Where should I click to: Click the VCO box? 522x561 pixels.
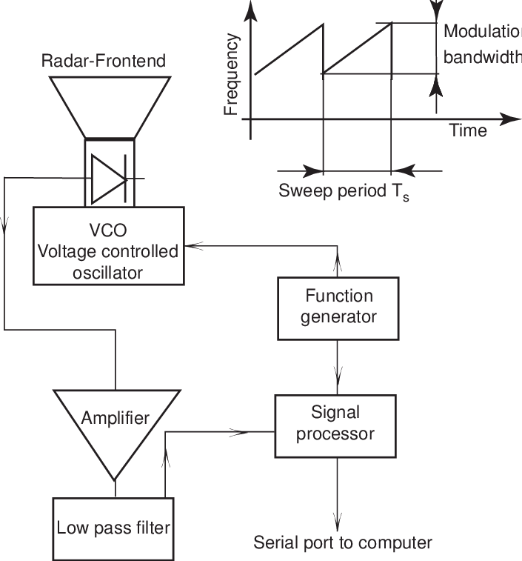pyautogui.click(x=108, y=245)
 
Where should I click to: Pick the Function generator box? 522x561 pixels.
pyautogui.click(x=339, y=307)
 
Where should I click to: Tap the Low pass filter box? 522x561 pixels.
pyautogui.click(x=114, y=528)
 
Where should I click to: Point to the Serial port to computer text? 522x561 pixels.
pyautogui.click(x=342, y=542)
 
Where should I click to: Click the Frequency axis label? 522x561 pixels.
pyautogui.click(x=232, y=76)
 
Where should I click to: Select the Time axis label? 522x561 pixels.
pyautogui.click(x=468, y=131)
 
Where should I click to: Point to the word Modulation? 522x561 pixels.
pyautogui.click(x=482, y=33)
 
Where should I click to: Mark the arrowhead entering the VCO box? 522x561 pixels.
pyautogui.click(x=192, y=245)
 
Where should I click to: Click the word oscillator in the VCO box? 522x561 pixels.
pyautogui.click(x=108, y=272)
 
